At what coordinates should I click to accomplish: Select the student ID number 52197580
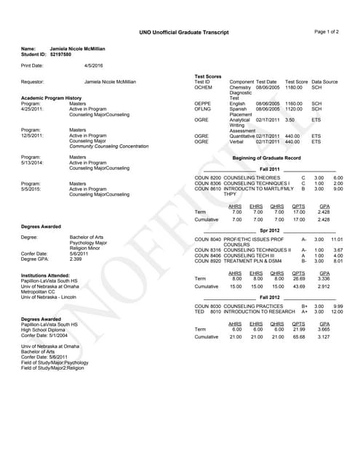61,54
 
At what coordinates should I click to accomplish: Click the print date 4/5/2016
94,66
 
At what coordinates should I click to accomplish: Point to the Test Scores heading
208,76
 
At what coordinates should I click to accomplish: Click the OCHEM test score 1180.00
293,87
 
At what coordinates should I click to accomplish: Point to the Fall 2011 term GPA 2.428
324,212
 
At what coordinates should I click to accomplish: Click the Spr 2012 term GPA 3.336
324,278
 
